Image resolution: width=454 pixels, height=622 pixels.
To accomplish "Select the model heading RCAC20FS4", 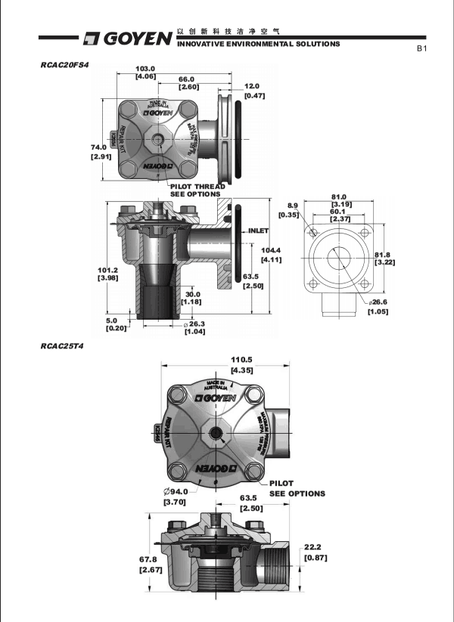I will (65, 65).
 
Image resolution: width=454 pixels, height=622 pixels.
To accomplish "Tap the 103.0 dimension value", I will (145, 69).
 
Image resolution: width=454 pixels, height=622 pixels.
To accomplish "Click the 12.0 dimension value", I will (253, 86).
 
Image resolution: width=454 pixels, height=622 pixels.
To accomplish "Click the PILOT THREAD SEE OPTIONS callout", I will (195, 190).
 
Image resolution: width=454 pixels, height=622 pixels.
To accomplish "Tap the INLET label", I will (259, 230).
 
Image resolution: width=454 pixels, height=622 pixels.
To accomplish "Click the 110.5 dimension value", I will (239, 361).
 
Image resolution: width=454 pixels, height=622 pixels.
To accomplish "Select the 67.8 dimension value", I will (148, 559).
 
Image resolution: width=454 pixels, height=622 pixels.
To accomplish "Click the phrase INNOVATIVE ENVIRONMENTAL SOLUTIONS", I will (258, 45).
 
